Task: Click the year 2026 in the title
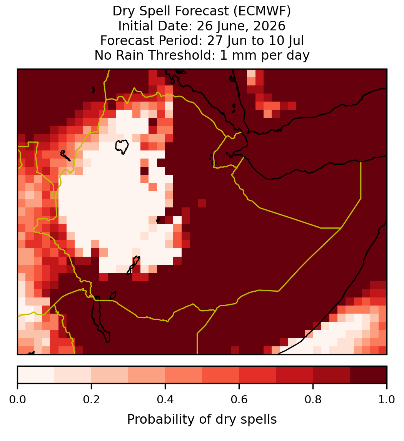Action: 269,26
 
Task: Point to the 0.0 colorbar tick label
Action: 17,399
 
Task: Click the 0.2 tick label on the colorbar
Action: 91,399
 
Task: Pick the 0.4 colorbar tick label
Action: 165,399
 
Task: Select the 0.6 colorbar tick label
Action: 239,399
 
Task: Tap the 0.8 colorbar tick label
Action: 313,399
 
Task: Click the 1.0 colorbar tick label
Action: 387,399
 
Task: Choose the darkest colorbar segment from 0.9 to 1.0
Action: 368,375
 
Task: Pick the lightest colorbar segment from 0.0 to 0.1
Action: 36,375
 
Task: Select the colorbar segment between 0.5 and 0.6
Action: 221,375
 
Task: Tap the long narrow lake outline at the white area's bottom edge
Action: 133,265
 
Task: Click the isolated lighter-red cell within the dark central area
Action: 202,203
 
